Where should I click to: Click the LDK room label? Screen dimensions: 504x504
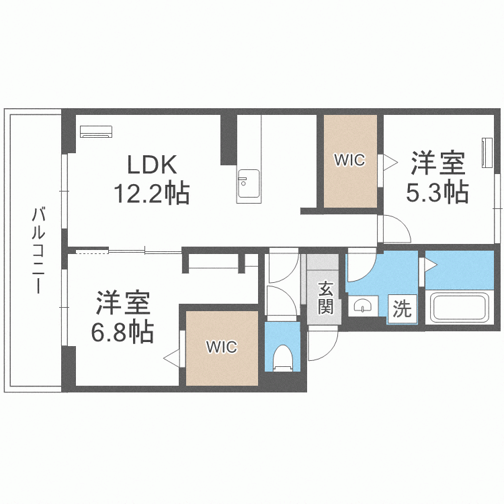coord(152,165)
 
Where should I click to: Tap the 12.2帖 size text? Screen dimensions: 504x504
coord(151,193)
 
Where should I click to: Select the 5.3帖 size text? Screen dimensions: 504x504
coord(437,192)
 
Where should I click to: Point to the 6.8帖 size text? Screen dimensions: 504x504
coord(122,333)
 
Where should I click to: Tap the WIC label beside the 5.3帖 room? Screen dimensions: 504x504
coord(349,160)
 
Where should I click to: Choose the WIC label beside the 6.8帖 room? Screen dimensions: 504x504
coord(222,347)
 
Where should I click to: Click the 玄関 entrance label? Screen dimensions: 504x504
coord(326,298)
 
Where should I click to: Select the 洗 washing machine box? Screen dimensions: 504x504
coord(402,308)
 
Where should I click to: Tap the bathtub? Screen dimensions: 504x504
coord(460,307)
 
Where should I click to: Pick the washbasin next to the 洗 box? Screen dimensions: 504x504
coord(363,306)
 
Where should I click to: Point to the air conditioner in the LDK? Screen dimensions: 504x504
coord(96,132)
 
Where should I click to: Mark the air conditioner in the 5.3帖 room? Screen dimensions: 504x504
coord(487,153)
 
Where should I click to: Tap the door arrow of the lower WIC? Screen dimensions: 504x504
coord(171,358)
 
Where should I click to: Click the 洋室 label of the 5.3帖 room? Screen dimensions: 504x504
coord(438,163)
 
